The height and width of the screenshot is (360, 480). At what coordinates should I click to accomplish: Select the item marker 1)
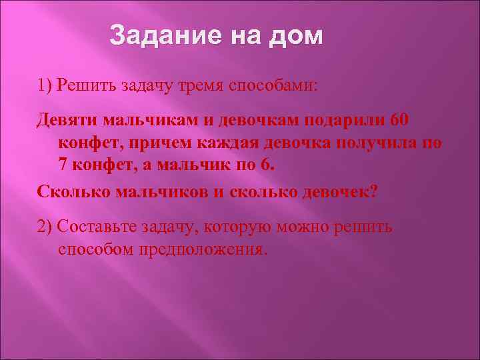(46, 85)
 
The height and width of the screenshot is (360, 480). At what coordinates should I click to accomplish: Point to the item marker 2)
(46, 227)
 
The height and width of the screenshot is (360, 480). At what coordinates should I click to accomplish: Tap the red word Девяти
(68, 120)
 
